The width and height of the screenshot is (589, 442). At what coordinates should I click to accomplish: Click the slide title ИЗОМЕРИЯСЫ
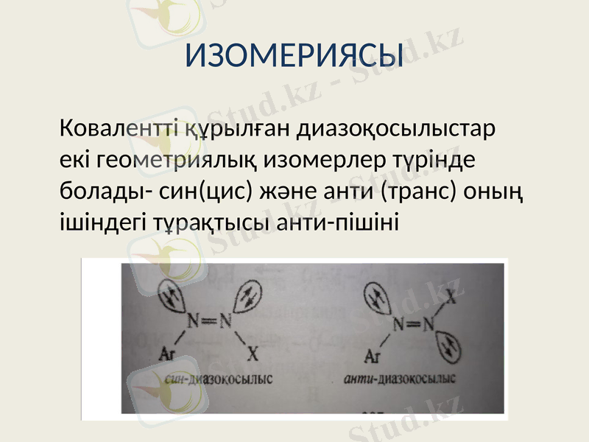pyautogui.click(x=293, y=56)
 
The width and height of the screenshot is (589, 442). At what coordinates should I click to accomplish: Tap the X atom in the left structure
pyautogui.click(x=253, y=354)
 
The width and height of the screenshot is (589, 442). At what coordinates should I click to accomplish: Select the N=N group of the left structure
pyautogui.click(x=208, y=321)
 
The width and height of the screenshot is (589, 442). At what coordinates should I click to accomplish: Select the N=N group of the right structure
pyautogui.click(x=413, y=324)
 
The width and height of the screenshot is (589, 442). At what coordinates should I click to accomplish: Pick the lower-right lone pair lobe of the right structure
pyautogui.click(x=448, y=345)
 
